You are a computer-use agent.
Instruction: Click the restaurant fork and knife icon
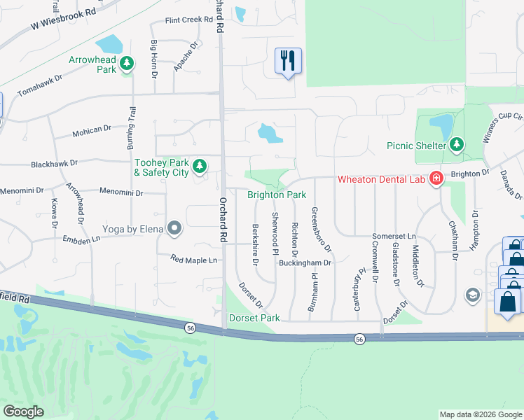click(x=288, y=62)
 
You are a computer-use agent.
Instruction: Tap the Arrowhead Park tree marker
click(x=127, y=64)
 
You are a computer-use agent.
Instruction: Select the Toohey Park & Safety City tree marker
click(x=200, y=166)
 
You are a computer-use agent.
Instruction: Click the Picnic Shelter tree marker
click(x=457, y=145)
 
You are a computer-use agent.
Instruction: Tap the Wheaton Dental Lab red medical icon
click(x=436, y=179)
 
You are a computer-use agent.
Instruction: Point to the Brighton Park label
click(x=277, y=195)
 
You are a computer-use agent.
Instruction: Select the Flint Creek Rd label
click(x=188, y=20)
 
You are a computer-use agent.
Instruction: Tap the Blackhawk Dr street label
click(x=54, y=163)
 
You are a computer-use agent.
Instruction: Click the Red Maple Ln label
click(x=194, y=260)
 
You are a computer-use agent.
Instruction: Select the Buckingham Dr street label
click(x=304, y=262)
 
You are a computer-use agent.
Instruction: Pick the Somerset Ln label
click(x=394, y=237)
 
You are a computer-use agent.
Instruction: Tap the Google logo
click(x=23, y=412)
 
